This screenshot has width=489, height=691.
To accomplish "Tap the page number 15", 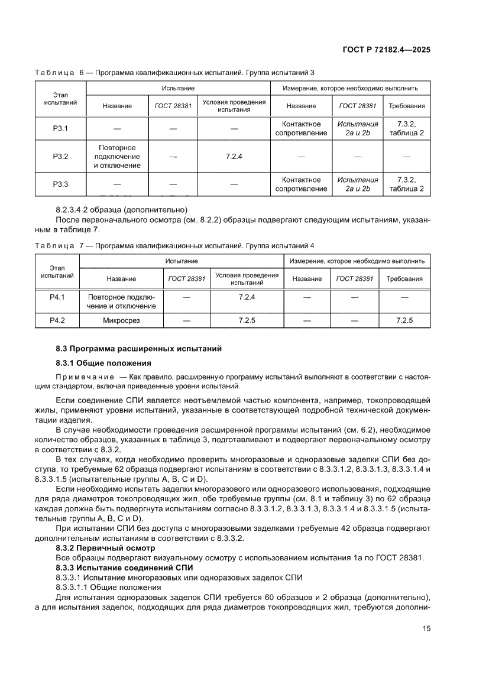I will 426,628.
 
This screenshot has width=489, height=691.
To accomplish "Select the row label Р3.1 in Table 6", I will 61,128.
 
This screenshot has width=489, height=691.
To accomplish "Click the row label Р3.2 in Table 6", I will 61,156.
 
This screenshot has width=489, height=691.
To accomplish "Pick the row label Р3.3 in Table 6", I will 61,184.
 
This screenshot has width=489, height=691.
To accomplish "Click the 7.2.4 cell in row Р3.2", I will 234,156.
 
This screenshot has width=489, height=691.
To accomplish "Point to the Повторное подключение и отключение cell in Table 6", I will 117,156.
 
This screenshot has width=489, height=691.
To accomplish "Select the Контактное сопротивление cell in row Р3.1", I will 301,128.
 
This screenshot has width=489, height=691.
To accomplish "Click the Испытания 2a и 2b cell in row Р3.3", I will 357,184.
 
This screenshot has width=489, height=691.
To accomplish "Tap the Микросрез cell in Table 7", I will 121,320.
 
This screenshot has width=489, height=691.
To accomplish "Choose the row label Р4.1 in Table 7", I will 57,297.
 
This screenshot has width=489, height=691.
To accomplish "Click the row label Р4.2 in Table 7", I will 57,320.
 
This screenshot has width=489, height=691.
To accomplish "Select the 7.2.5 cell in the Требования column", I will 404,320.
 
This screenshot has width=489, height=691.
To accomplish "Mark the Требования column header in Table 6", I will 406,106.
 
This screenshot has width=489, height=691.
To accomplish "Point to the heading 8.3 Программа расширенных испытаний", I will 138,349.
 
